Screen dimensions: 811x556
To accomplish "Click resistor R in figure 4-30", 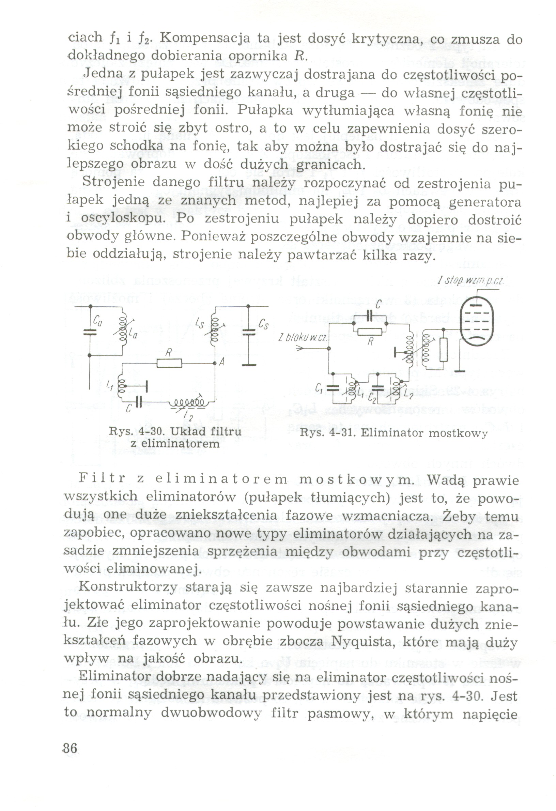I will [x=169, y=363].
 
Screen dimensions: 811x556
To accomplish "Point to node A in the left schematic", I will [x=215, y=363].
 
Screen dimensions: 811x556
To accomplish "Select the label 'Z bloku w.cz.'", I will [x=302, y=338].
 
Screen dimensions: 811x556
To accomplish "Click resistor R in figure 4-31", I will [x=370, y=332].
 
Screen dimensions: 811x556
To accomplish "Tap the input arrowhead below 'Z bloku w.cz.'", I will [x=301, y=348].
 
